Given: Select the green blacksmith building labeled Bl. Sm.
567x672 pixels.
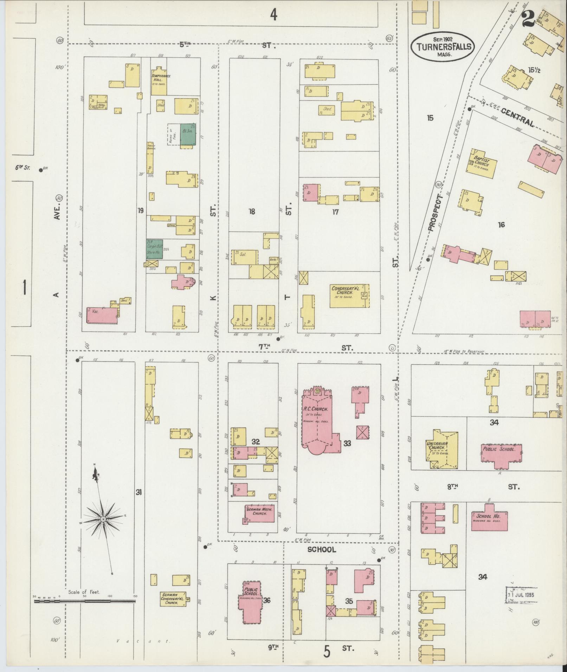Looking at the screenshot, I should coord(188,134).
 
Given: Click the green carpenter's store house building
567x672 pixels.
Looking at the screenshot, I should coord(154,249).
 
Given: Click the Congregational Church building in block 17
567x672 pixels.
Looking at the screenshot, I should coord(349,295).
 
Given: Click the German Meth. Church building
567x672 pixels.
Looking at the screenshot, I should coord(259,514).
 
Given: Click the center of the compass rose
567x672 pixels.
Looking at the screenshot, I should coord(103,519).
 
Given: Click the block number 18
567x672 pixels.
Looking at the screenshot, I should coord(252,211).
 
